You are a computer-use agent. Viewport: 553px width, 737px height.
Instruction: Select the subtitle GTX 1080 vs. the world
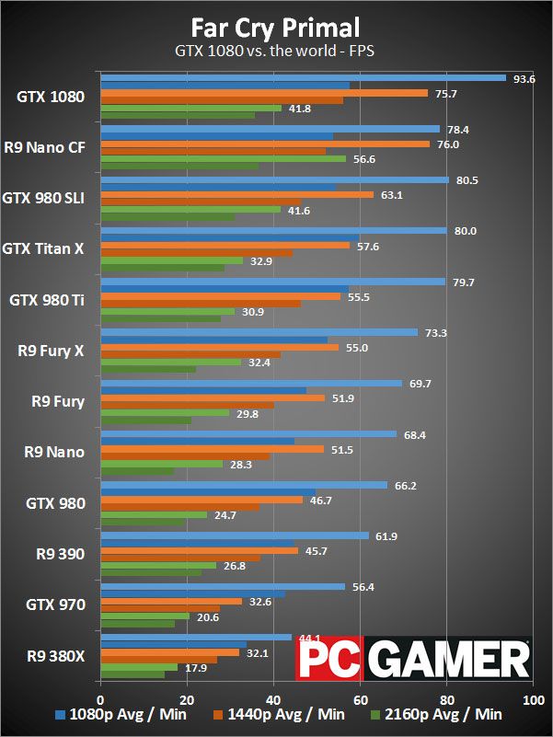tap(276, 52)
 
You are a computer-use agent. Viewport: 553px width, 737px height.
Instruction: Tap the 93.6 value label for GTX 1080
tap(524, 78)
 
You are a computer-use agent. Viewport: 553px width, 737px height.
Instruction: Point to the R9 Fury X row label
tap(52, 350)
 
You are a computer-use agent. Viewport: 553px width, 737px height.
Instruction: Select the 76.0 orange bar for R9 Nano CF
tap(265, 144)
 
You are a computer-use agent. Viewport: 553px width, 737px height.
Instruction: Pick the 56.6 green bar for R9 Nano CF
tap(223, 158)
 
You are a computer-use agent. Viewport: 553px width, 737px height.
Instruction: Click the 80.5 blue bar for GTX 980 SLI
tap(274, 179)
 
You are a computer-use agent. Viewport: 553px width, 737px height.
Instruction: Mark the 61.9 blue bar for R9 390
tap(234, 535)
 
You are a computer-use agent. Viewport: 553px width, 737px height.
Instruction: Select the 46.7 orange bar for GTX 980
tap(201, 500)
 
